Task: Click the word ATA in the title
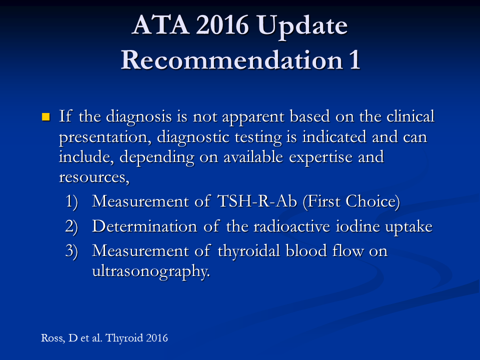click(160, 24)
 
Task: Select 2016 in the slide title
click(222, 24)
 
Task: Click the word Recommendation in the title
click(231, 59)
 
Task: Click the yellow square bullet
click(46, 116)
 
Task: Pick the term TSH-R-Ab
click(257, 201)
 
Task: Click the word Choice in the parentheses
click(370, 201)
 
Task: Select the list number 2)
click(71, 227)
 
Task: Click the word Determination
click(144, 226)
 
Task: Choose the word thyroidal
click(248, 251)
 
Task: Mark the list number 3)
click(71, 251)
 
